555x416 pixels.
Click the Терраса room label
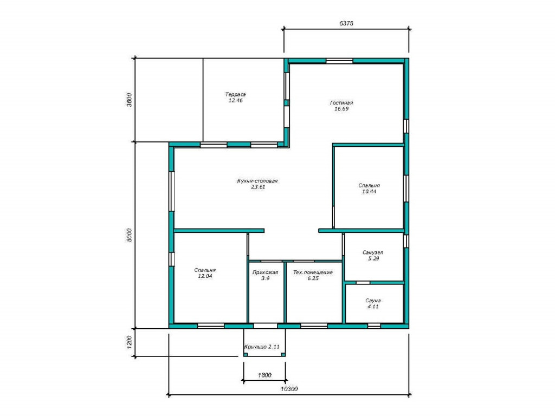(235, 94)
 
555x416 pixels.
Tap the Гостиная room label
(341, 102)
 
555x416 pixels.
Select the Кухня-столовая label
(257, 181)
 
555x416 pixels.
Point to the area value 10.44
(369, 191)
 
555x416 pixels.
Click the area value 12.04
(205, 276)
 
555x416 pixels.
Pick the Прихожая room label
(265, 272)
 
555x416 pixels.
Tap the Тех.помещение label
(313, 272)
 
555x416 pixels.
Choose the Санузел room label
(373, 252)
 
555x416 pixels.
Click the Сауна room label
(373, 301)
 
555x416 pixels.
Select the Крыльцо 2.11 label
(262, 347)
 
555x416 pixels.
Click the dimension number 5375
(346, 23)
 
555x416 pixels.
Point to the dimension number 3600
(129, 100)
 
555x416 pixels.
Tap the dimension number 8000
(129, 235)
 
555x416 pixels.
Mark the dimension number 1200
(129, 342)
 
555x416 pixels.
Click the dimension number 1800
(264, 375)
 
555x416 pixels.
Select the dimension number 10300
(289, 389)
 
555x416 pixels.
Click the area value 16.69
(341, 108)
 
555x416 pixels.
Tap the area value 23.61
(258, 187)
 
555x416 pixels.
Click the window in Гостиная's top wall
(339, 61)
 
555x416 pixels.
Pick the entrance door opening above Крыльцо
(266, 326)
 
